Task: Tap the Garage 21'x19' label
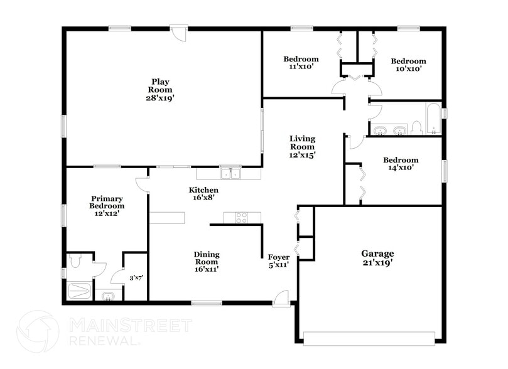pyautogui.click(x=377, y=258)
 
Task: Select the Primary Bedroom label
pyautogui.click(x=107, y=206)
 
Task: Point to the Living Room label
pyautogui.click(x=302, y=146)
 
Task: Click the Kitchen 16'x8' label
pyautogui.click(x=204, y=194)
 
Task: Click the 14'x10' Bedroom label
pyautogui.click(x=401, y=164)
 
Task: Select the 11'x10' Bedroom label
pyautogui.click(x=301, y=62)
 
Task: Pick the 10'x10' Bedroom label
pyautogui.click(x=408, y=65)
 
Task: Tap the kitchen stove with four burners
pyautogui.click(x=242, y=218)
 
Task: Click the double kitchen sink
pyautogui.click(x=230, y=173)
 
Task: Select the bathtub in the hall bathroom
pyautogui.click(x=433, y=120)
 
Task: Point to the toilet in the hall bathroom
pyautogui.click(x=416, y=128)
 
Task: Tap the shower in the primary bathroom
pyautogui.click(x=80, y=291)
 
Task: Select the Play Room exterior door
pyautogui.click(x=179, y=32)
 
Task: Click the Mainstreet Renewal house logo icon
pyautogui.click(x=38, y=331)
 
